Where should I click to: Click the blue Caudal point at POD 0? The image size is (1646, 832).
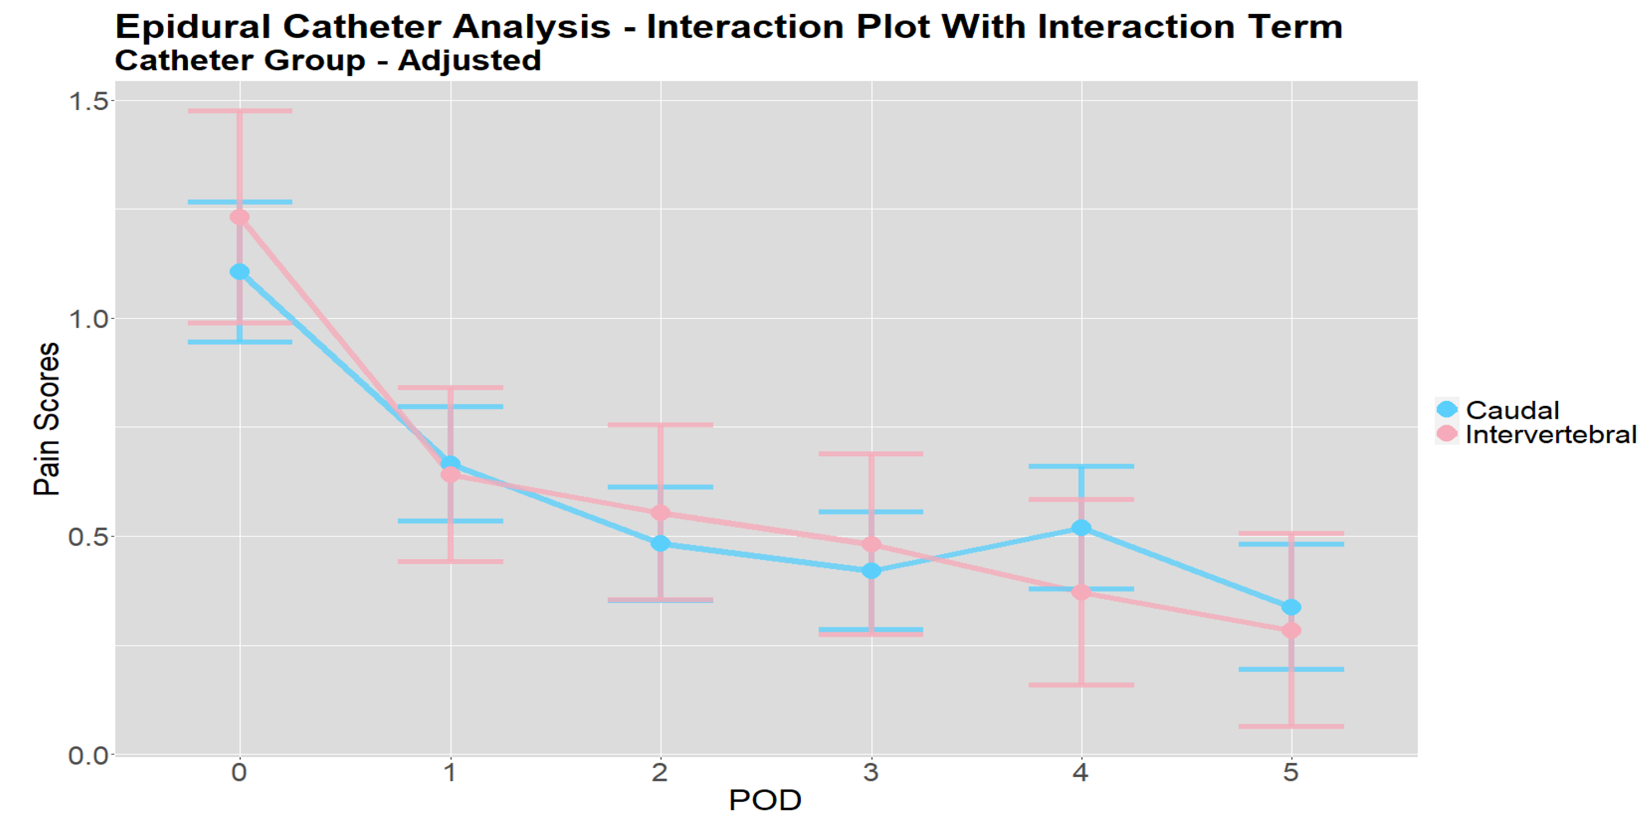pos(240,272)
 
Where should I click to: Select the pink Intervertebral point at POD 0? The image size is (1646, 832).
pos(240,217)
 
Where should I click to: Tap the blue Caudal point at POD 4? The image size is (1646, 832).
pos(1081,528)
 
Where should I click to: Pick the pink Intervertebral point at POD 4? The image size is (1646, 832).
pos(1081,592)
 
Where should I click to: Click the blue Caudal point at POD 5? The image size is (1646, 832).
pos(1291,607)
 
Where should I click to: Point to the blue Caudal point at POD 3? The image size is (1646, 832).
pos(871,570)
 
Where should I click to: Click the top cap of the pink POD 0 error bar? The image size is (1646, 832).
pos(240,110)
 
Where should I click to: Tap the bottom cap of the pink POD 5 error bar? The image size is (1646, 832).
pos(1291,726)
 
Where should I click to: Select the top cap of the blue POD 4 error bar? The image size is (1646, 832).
pos(1081,466)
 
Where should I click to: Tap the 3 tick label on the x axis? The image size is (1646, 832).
pos(871,772)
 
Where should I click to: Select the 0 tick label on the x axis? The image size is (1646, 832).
pos(240,772)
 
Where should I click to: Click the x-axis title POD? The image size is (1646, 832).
pos(765,800)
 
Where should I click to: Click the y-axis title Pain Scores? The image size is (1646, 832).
pos(47,419)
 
